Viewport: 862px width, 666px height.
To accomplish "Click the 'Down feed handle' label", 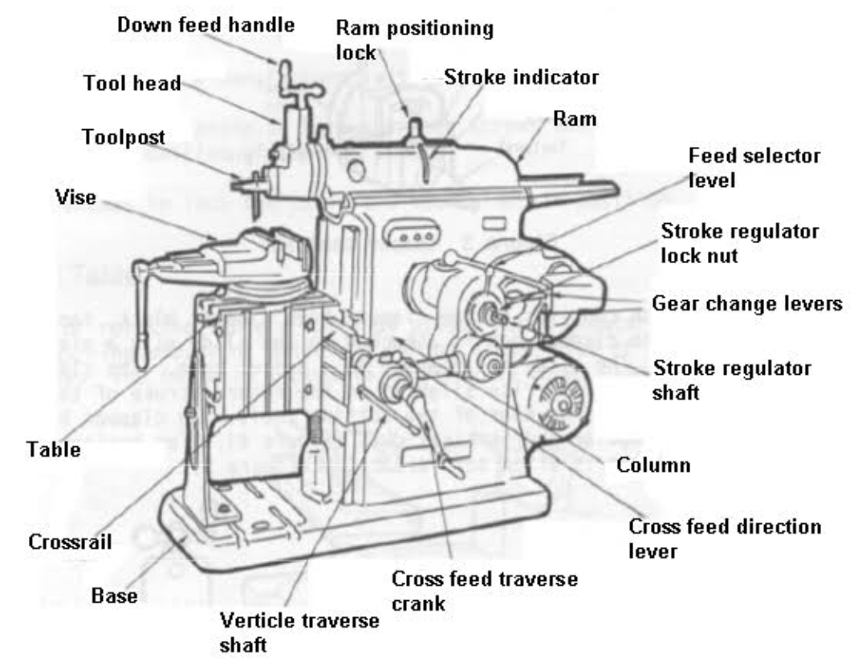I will point(205,25).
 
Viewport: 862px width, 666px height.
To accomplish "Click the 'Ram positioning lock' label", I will point(413,40).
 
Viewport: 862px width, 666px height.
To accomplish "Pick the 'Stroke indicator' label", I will point(522,78).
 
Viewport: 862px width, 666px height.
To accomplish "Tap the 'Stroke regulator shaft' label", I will point(731,380).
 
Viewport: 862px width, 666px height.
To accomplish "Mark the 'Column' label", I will point(653,465).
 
